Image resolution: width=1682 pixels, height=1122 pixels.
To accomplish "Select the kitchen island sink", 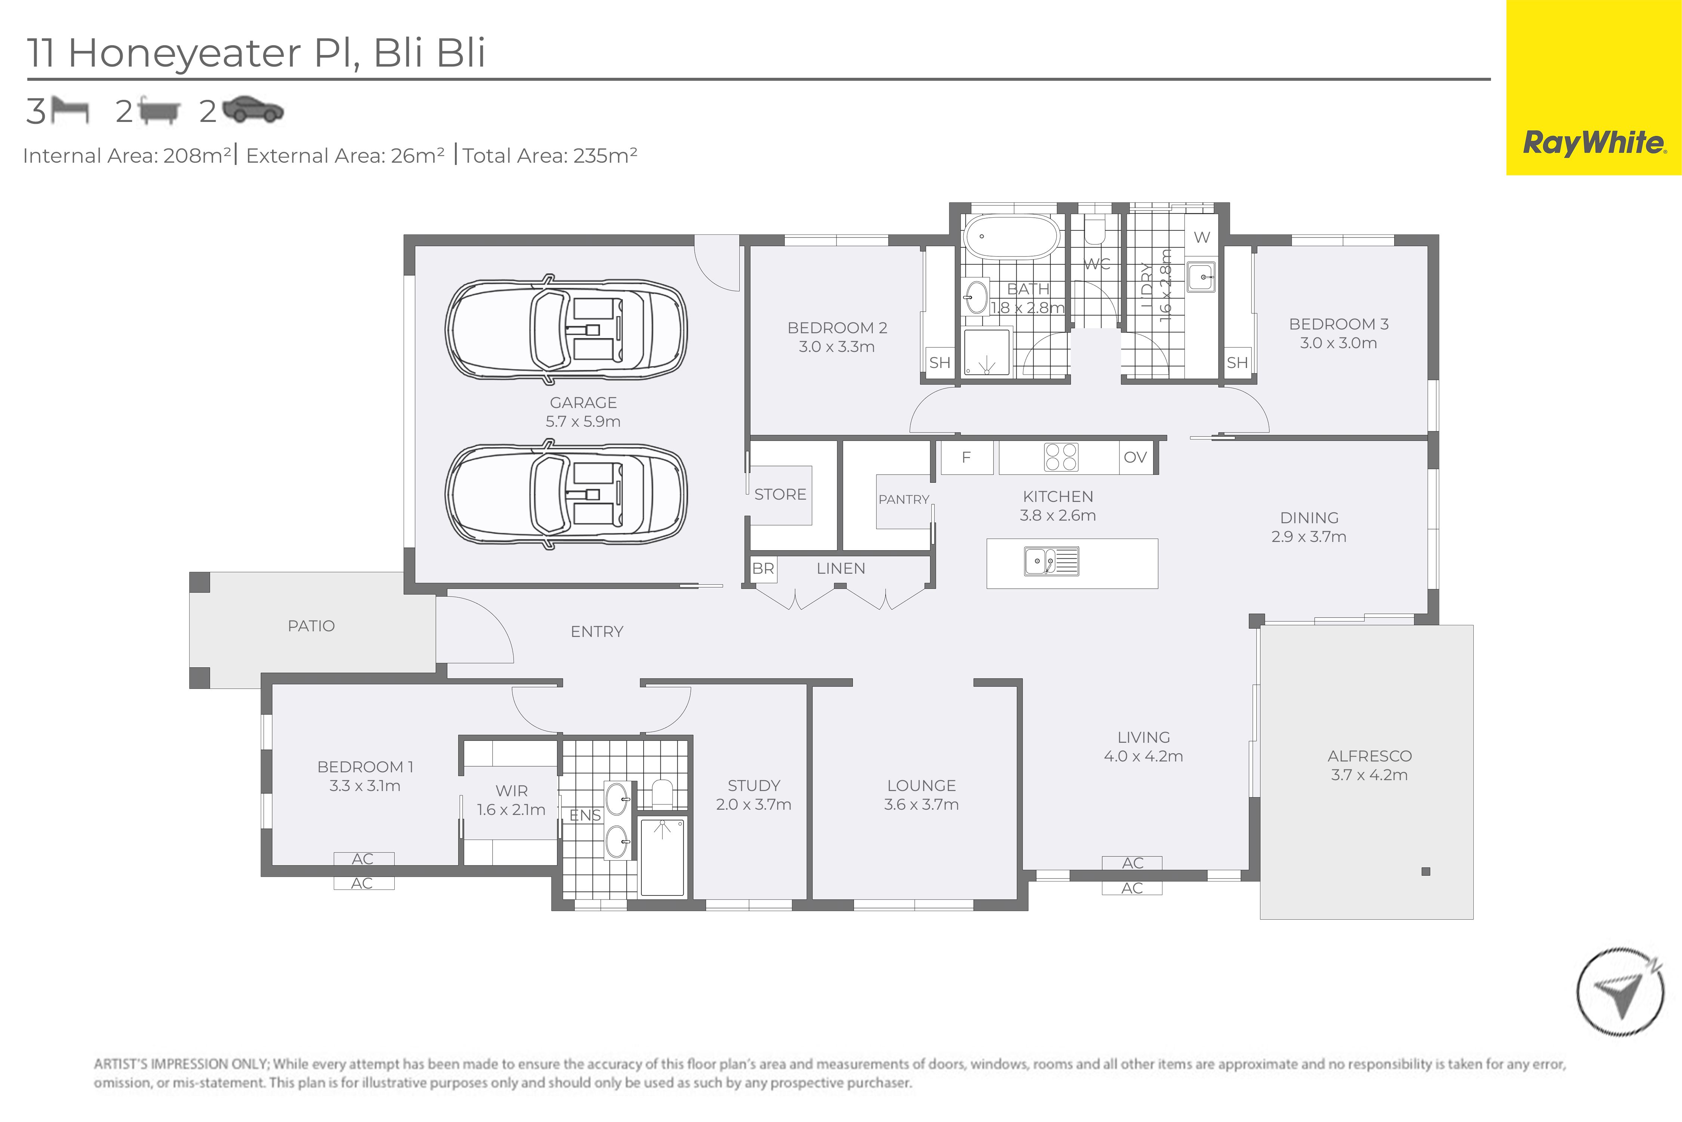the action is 1051,562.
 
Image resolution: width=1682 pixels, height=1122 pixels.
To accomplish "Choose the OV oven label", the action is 1135,457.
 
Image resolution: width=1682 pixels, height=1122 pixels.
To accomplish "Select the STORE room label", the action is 780,494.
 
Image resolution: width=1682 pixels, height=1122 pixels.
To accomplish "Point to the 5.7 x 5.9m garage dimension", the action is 583,421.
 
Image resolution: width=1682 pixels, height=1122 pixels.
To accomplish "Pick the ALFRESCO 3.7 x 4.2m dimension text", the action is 1369,775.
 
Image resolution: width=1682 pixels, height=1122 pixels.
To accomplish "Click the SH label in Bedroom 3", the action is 1237,363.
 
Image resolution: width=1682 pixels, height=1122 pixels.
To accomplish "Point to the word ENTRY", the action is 597,631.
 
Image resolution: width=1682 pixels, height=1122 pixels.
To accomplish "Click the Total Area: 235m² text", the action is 549,155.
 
